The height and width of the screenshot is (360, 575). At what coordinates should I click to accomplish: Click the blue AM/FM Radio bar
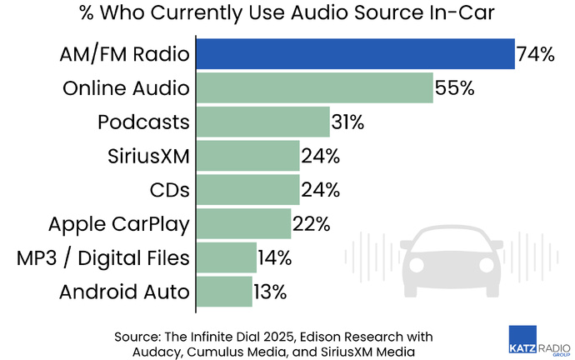click(355, 54)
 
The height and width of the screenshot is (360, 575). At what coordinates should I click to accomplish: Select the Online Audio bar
click(314, 87)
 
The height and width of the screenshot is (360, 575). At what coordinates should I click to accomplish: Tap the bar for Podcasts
click(262, 122)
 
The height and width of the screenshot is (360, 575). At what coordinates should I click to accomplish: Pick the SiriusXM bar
click(247, 156)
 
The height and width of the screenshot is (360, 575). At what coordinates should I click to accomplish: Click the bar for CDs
click(247, 189)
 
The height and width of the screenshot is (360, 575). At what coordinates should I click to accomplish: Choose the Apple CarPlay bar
click(243, 223)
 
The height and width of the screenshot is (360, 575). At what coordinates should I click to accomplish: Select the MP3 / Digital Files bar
click(226, 257)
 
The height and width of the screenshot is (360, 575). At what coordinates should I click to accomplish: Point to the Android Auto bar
click(224, 291)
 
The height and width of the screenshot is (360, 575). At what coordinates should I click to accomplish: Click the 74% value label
click(535, 55)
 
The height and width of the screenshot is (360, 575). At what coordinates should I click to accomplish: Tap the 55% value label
click(454, 88)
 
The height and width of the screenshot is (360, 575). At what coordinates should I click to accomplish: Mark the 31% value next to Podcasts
click(347, 122)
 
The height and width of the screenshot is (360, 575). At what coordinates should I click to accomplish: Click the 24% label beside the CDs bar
click(321, 190)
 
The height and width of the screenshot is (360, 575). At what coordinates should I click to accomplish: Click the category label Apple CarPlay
click(119, 223)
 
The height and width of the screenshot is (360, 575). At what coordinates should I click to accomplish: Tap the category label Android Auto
click(125, 292)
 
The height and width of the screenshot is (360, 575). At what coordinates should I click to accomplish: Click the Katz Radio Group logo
click(538, 342)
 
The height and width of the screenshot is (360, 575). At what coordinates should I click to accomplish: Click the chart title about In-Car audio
click(287, 15)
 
